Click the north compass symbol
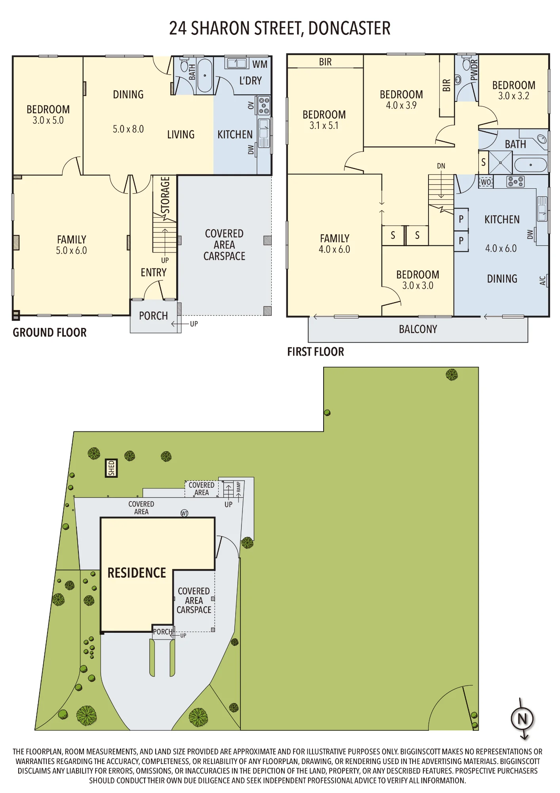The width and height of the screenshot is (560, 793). click(x=522, y=719)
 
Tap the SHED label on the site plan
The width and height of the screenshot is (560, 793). click(x=111, y=468)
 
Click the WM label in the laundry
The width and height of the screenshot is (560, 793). click(x=260, y=64)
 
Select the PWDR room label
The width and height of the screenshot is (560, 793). click(x=474, y=70)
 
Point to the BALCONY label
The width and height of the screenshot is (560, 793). click(x=418, y=329)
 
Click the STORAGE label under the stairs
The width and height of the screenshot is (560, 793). click(x=165, y=195)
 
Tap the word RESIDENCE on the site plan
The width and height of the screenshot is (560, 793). click(x=137, y=573)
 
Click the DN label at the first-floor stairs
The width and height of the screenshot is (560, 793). click(x=441, y=166)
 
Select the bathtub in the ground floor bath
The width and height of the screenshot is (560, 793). click(x=205, y=75)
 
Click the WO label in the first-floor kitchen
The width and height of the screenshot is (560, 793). click(x=486, y=182)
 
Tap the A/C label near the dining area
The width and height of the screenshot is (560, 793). click(x=543, y=281)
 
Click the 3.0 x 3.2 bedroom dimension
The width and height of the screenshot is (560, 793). click(x=514, y=96)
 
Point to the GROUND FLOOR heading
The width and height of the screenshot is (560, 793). click(x=50, y=333)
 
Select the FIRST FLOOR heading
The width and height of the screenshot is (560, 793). click(x=316, y=352)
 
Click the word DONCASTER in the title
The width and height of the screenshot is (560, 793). click(x=349, y=29)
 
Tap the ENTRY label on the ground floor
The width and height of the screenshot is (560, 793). click(x=154, y=272)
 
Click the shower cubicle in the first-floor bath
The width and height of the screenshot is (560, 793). click(x=501, y=163)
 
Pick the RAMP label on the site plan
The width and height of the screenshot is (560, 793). click(x=238, y=487)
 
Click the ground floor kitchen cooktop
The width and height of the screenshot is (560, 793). click(x=264, y=105)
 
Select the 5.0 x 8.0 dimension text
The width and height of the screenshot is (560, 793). click(x=128, y=129)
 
